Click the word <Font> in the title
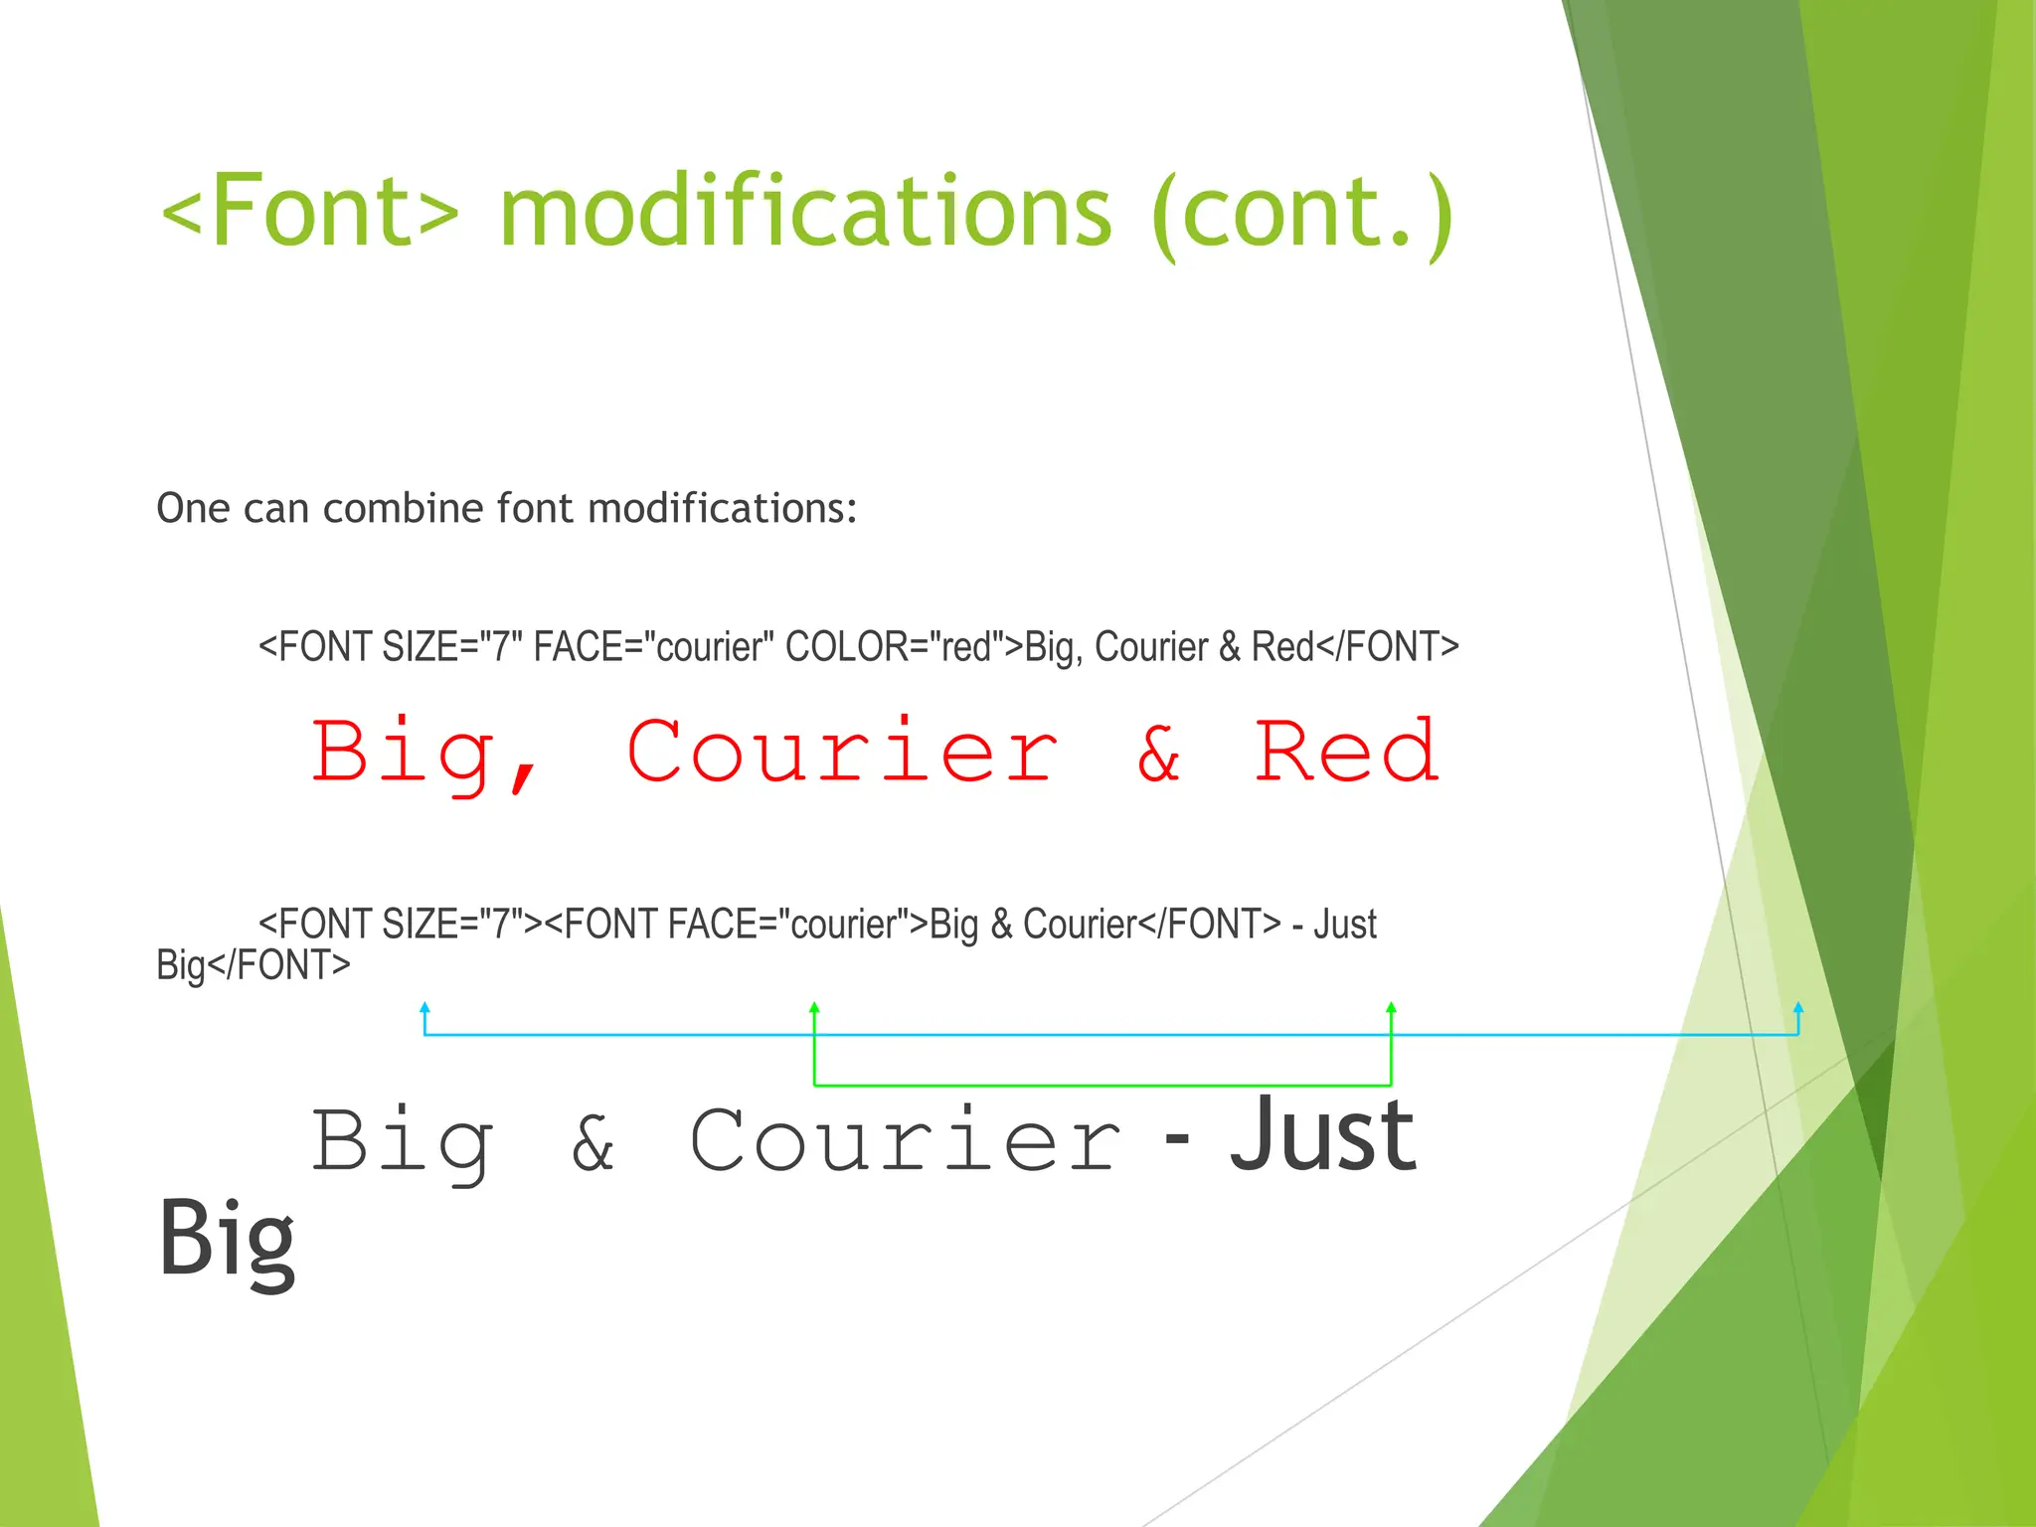pyautogui.click(x=310, y=211)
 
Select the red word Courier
pyautogui.click(x=842, y=752)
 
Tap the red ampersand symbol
pyautogui.click(x=1159, y=754)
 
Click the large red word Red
pyautogui.click(x=1346, y=752)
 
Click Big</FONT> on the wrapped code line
pyautogui.click(x=254, y=965)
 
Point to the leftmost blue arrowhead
pyautogui.click(x=424, y=1008)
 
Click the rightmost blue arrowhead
pyautogui.click(x=1798, y=1008)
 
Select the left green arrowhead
pyautogui.click(x=814, y=1008)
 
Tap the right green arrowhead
pyautogui.click(x=1391, y=1008)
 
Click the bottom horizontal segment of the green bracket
pyautogui.click(x=1102, y=1085)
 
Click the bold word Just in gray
pyautogui.click(x=1322, y=1135)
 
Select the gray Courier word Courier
pyautogui.click(x=905, y=1141)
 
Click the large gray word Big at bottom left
pyautogui.click(x=227, y=1239)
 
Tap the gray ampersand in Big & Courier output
pyautogui.click(x=594, y=1143)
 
